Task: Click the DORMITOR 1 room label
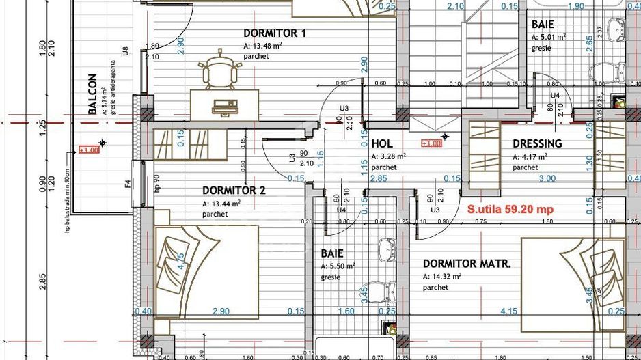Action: (x=275, y=33)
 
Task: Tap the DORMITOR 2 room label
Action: (x=233, y=191)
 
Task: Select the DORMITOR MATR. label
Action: (x=467, y=264)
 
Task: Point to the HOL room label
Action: (x=382, y=143)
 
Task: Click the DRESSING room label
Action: (x=537, y=143)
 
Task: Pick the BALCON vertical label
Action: (x=93, y=94)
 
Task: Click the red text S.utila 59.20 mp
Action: (x=510, y=210)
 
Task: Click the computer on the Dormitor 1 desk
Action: (x=224, y=106)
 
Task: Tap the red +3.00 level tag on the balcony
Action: (x=89, y=150)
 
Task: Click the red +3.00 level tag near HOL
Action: (x=431, y=143)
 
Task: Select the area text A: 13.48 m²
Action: (x=263, y=46)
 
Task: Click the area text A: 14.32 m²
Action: (x=442, y=277)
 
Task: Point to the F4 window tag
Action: (x=127, y=184)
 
